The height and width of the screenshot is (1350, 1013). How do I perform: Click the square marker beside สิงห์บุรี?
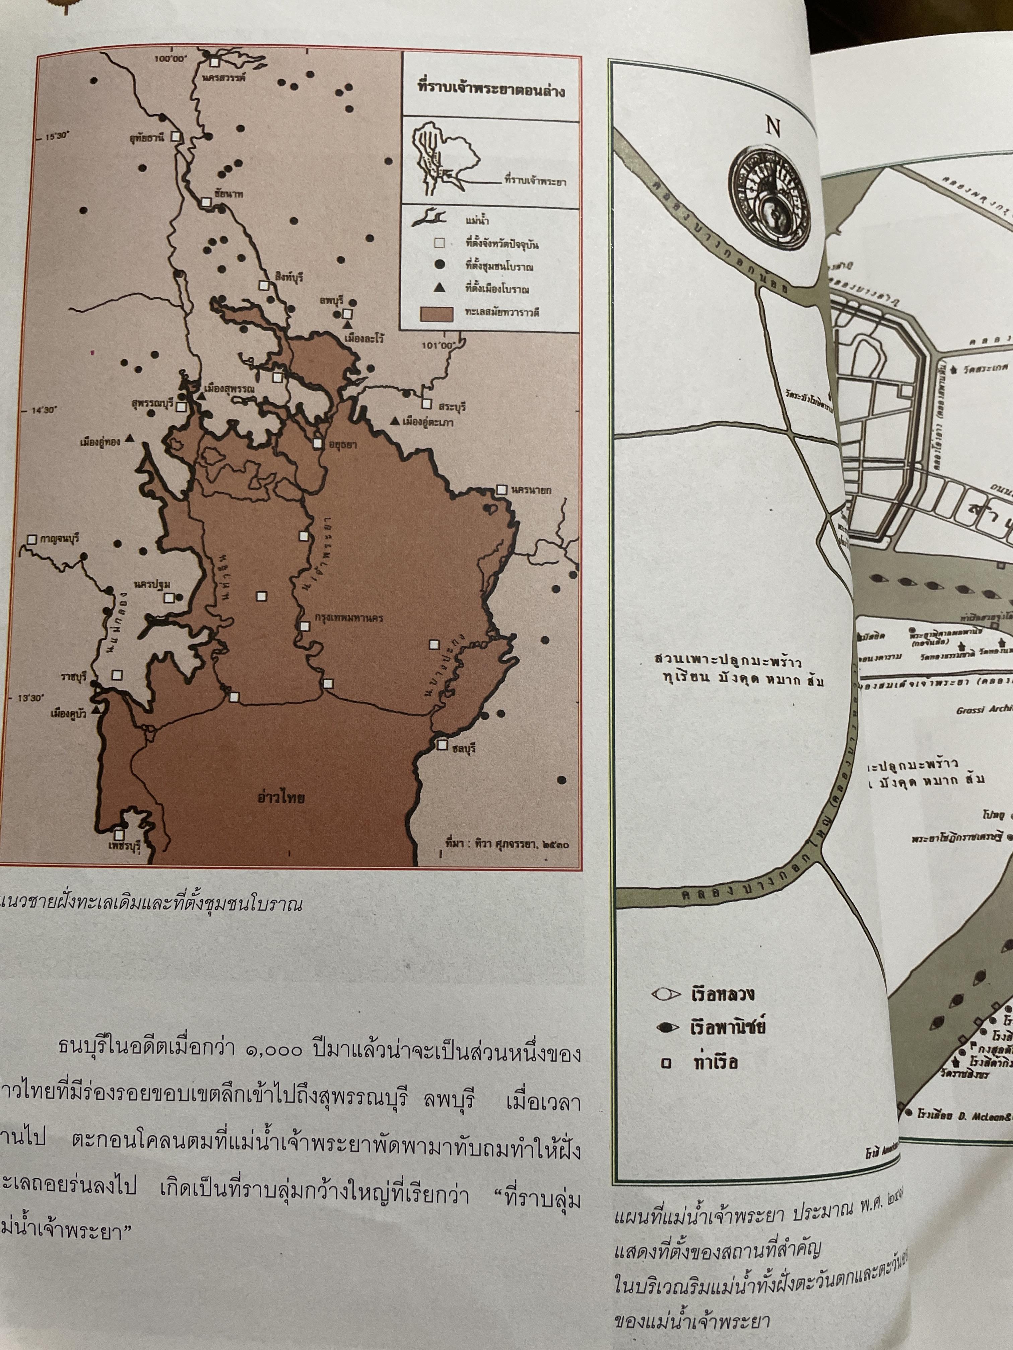click(x=264, y=285)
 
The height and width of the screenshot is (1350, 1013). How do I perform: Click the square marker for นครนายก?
click(x=501, y=490)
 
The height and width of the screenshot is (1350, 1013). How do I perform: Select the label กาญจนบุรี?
click(x=59, y=539)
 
